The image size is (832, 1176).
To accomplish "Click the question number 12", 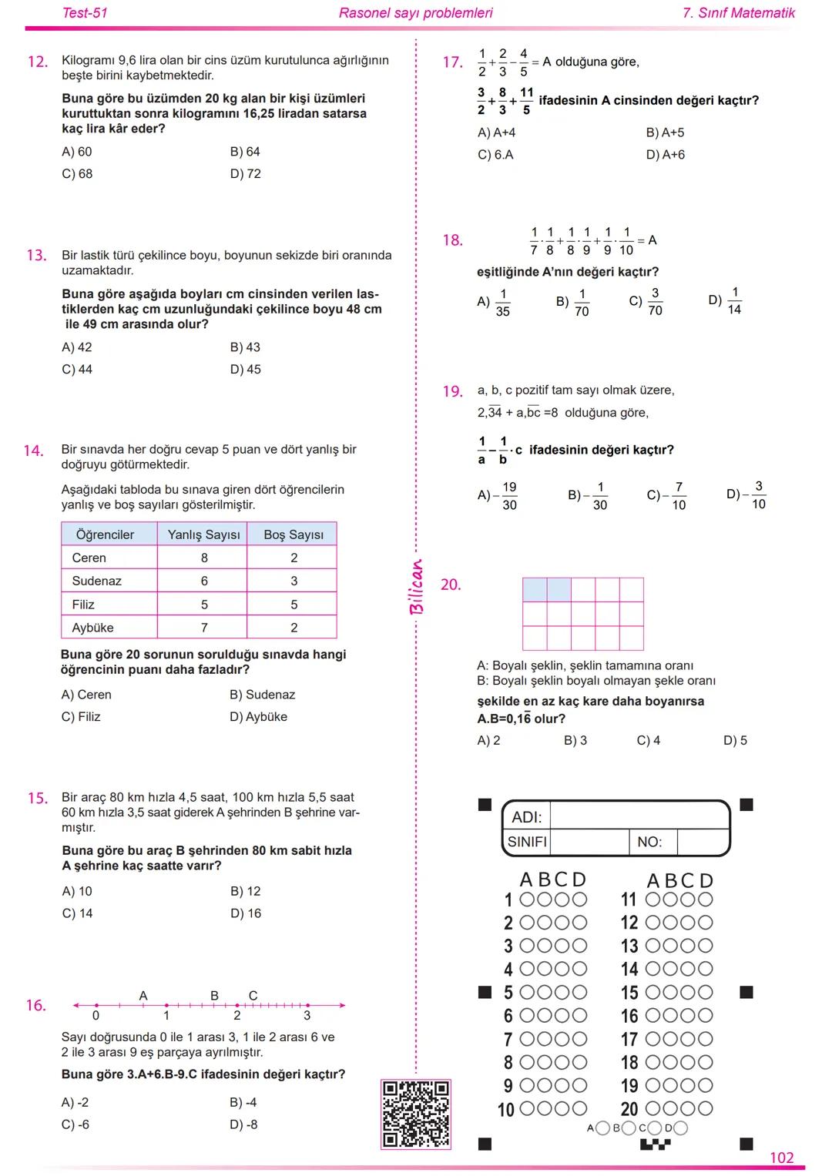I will [38, 62].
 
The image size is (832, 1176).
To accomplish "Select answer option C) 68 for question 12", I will [77, 174].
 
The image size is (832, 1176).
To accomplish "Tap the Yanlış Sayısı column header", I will [203, 534].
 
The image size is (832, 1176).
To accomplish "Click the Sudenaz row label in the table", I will [97, 581].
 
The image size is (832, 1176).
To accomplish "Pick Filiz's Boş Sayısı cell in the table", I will [294, 605].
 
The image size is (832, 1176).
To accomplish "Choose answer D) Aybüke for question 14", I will [258, 716].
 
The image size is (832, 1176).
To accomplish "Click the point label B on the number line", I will [214, 995].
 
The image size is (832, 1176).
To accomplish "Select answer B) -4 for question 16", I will [243, 1102].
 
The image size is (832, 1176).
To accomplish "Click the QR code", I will [415, 1114].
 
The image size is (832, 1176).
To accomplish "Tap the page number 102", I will [781, 1158].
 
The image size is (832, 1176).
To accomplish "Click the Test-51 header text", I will [85, 13].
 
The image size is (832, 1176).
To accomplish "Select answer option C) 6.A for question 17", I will [495, 155].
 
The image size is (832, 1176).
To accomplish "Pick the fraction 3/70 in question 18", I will [655, 302].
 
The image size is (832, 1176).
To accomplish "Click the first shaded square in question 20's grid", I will [535, 590].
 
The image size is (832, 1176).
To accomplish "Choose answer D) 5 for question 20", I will [735, 740].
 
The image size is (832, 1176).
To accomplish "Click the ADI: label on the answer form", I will [527, 817].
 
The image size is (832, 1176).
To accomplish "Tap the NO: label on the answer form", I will [649, 842].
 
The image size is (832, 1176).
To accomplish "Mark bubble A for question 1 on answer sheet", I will [528, 900].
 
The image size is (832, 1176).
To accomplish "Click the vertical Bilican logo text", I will [417, 587].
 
